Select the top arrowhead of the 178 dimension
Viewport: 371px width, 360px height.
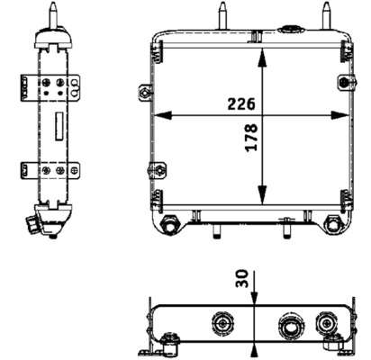click(262, 55)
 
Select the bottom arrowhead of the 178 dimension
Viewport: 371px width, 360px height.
click(262, 203)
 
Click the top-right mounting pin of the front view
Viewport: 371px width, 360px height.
click(325, 17)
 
